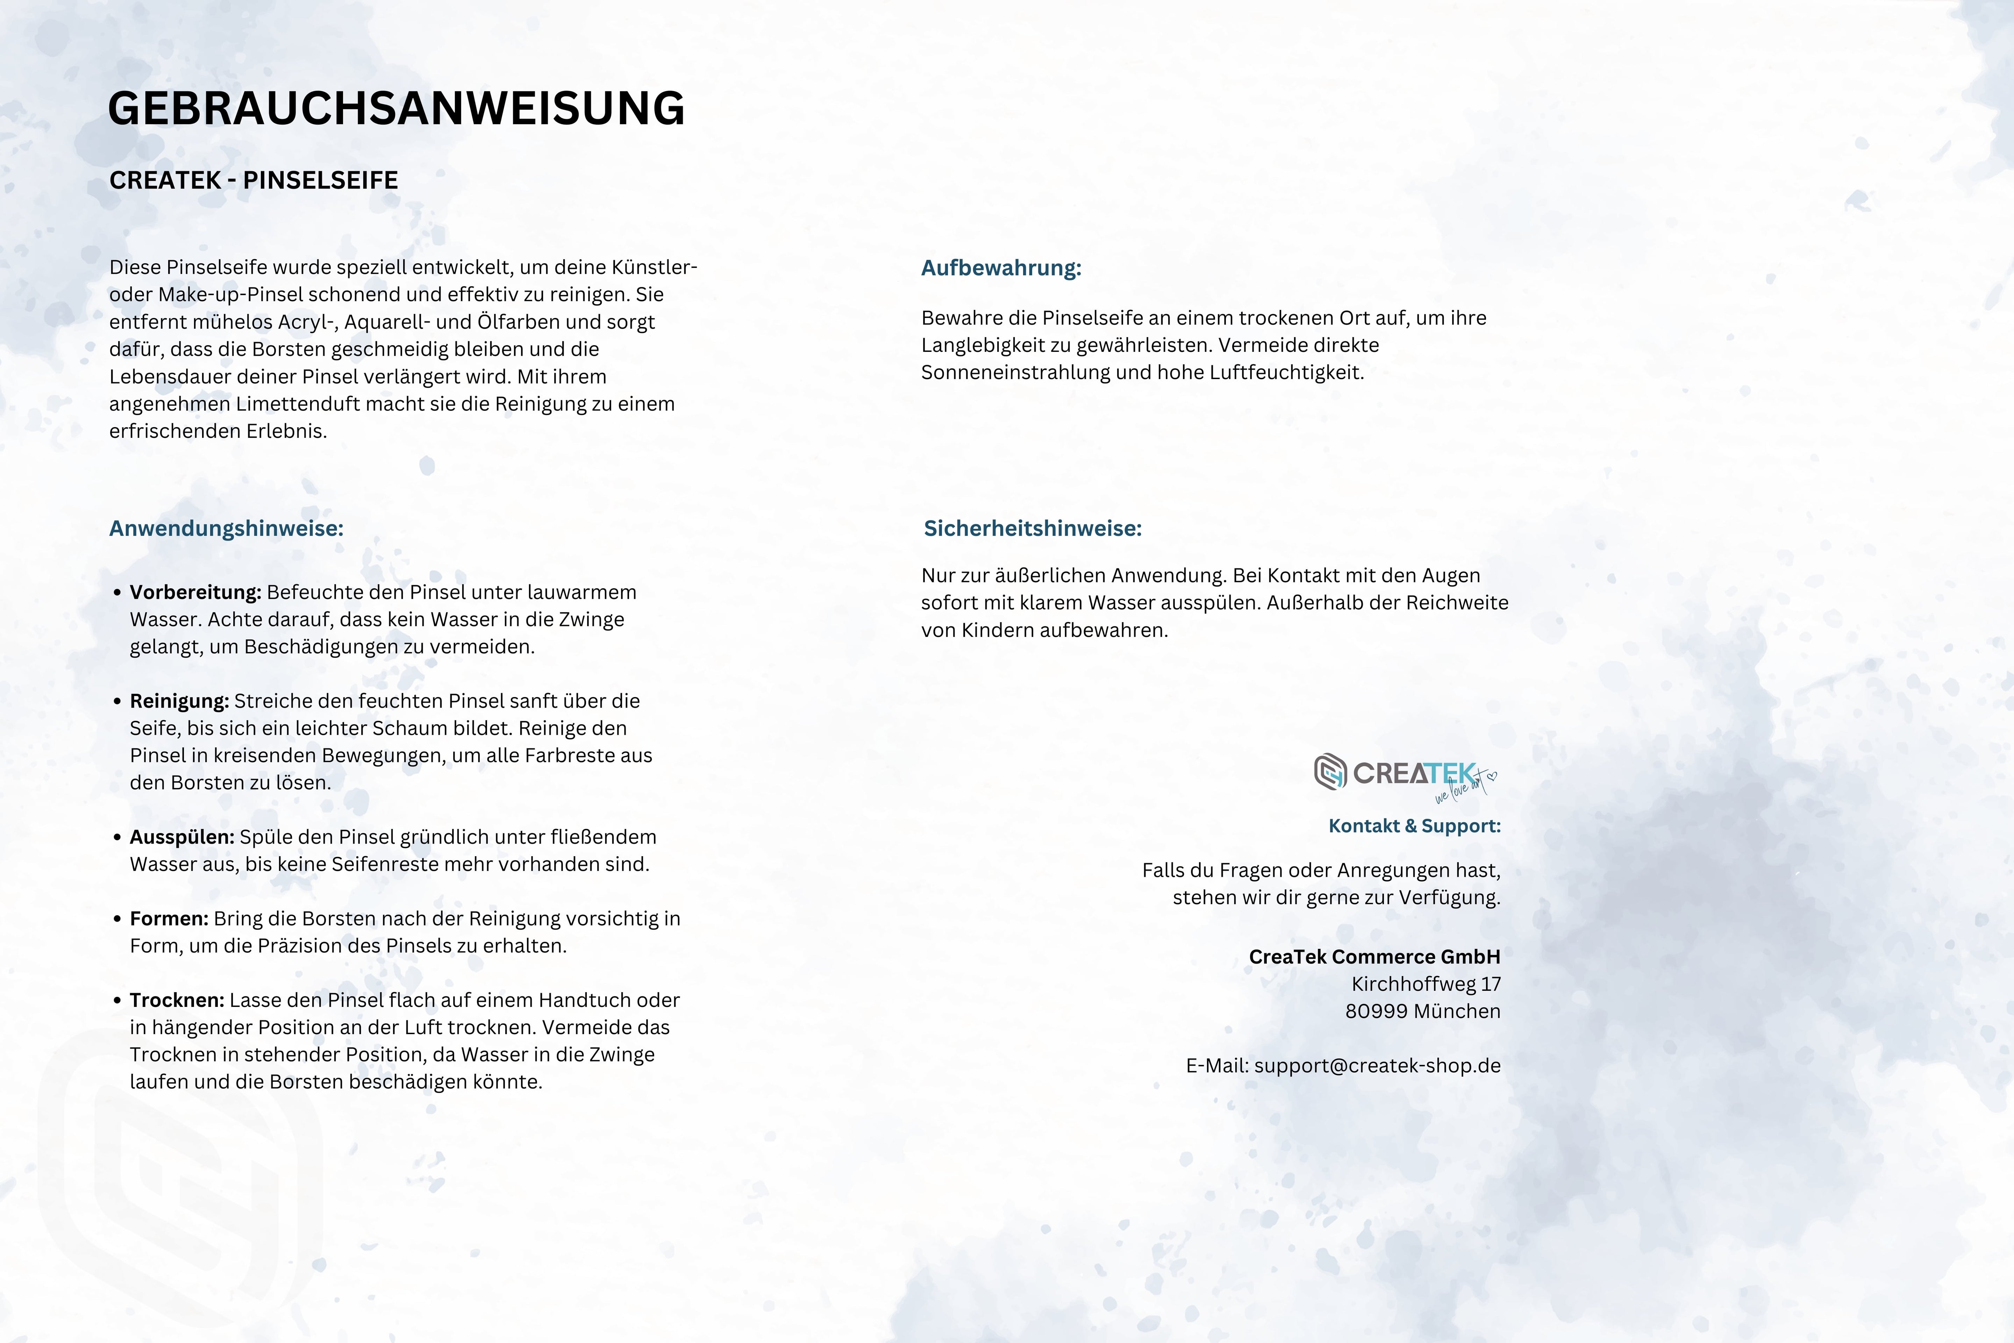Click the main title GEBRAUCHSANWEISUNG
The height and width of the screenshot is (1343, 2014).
(x=397, y=109)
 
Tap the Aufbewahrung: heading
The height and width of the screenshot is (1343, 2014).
(x=1001, y=268)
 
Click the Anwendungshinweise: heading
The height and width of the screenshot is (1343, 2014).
(x=226, y=528)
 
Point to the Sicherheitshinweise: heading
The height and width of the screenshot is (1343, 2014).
(x=1033, y=528)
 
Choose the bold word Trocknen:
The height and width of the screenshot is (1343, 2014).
(x=176, y=1000)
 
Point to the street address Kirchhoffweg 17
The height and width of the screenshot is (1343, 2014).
(x=1426, y=984)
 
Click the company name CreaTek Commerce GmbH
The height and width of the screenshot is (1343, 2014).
(x=1374, y=957)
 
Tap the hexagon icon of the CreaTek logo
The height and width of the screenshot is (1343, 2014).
(x=1330, y=772)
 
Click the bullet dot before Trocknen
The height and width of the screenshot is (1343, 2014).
(x=117, y=1000)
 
